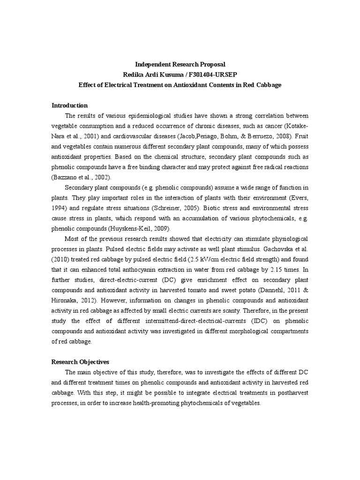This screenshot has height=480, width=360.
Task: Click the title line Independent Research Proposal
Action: coord(180,64)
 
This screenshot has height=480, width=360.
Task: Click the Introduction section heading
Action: coord(69,105)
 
